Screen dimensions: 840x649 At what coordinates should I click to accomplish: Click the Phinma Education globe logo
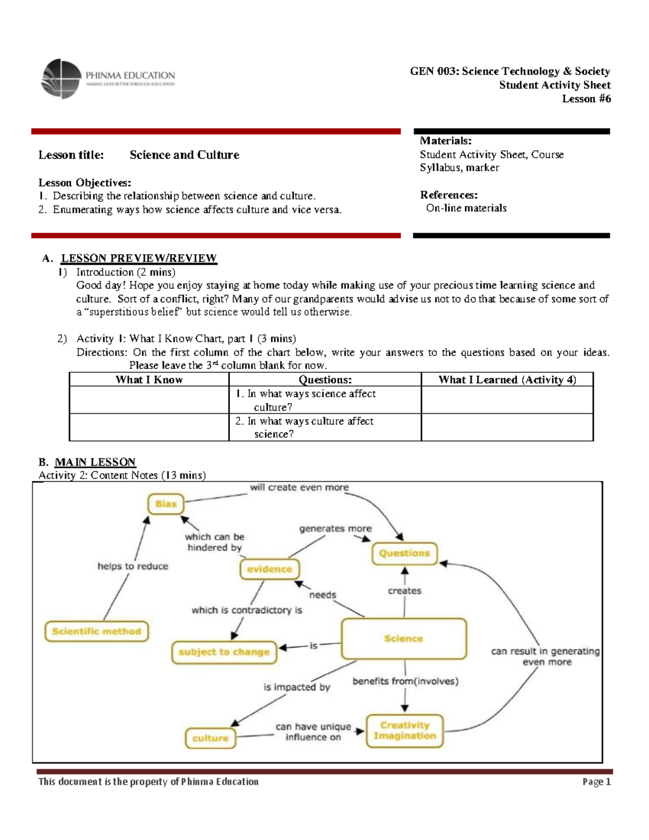(x=61, y=79)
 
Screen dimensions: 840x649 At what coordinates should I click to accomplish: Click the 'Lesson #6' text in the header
(x=586, y=98)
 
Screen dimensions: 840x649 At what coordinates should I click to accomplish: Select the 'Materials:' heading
(x=446, y=141)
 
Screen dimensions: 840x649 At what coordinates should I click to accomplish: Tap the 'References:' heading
(x=448, y=195)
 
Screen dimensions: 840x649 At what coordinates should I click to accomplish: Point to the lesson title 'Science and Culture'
(x=184, y=155)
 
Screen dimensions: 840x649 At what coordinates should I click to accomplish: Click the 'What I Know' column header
(x=149, y=380)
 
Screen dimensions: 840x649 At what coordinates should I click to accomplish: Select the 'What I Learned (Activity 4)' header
(x=507, y=380)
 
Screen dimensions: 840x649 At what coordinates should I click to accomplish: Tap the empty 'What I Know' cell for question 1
(x=149, y=400)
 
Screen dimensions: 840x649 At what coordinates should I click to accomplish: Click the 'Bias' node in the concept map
(x=165, y=504)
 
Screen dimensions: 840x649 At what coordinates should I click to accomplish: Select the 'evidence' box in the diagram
(x=269, y=569)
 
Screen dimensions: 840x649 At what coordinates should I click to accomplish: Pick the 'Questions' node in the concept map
(x=404, y=553)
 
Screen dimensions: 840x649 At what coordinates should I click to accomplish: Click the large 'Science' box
(x=403, y=639)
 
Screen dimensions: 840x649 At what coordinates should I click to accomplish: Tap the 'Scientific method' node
(x=96, y=631)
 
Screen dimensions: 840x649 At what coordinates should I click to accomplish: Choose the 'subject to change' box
(x=224, y=652)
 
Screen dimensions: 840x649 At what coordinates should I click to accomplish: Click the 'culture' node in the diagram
(x=210, y=738)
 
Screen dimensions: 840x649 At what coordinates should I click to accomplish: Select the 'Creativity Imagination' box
(x=405, y=731)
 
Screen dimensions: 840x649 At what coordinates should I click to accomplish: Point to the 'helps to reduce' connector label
(x=133, y=566)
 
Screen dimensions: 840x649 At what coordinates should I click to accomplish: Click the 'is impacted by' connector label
(x=296, y=687)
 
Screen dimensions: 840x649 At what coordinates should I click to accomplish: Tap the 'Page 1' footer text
(x=596, y=782)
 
